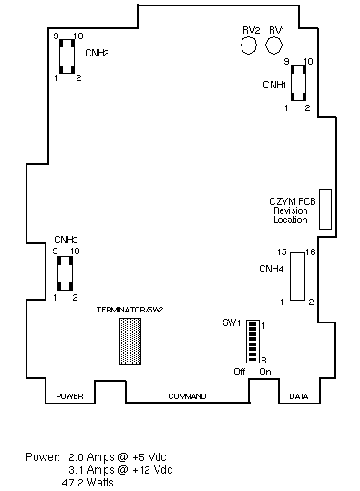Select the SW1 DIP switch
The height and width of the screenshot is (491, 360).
pyautogui.click(x=252, y=342)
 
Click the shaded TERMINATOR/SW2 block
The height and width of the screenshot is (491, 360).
pyautogui.click(x=130, y=342)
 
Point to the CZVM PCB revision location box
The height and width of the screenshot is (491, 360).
pyautogui.click(x=325, y=210)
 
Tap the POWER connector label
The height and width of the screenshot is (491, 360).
pyautogui.click(x=69, y=396)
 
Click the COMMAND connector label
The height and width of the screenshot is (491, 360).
pyautogui.click(x=187, y=396)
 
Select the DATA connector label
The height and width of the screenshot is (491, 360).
pyautogui.click(x=299, y=396)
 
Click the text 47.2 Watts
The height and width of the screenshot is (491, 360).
pyautogui.click(x=87, y=482)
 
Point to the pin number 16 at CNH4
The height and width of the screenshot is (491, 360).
pyautogui.click(x=311, y=251)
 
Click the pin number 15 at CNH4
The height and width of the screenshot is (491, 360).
pyautogui.click(x=282, y=251)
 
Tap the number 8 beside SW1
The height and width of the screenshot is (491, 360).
pyautogui.click(x=263, y=360)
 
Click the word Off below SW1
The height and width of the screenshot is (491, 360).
pyautogui.click(x=240, y=372)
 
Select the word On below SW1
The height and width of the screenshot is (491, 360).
pyautogui.click(x=265, y=372)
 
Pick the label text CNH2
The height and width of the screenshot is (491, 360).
pyautogui.click(x=97, y=53)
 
